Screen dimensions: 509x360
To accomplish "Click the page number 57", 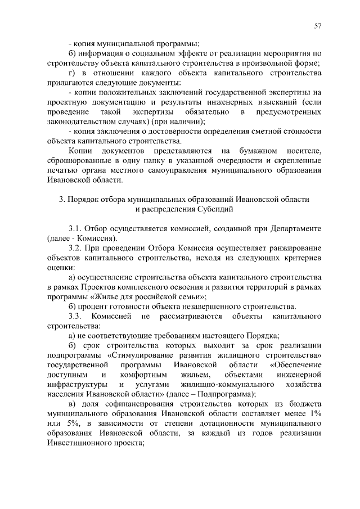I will point(317,26).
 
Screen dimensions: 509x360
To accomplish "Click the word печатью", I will point(63,170).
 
